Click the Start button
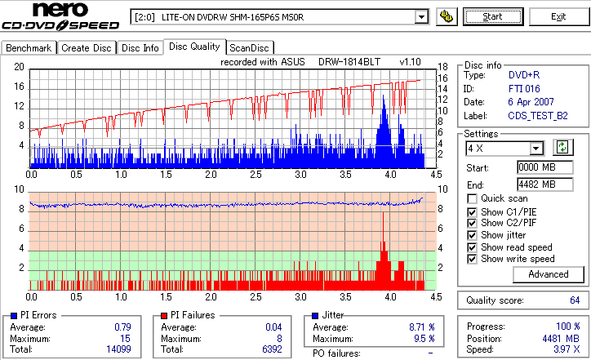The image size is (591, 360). (493, 16)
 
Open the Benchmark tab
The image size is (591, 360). (29, 48)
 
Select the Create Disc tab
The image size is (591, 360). (87, 48)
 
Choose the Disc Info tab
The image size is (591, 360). (140, 48)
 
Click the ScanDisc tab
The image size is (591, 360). (249, 48)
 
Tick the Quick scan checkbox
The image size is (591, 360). (473, 198)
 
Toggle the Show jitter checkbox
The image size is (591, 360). (473, 235)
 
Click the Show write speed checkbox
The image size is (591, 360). (473, 259)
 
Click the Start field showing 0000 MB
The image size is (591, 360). (536, 167)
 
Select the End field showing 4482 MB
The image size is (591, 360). (536, 184)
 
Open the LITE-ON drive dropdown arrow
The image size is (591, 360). (421, 16)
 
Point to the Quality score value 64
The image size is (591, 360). (575, 300)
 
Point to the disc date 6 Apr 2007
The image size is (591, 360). (531, 102)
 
